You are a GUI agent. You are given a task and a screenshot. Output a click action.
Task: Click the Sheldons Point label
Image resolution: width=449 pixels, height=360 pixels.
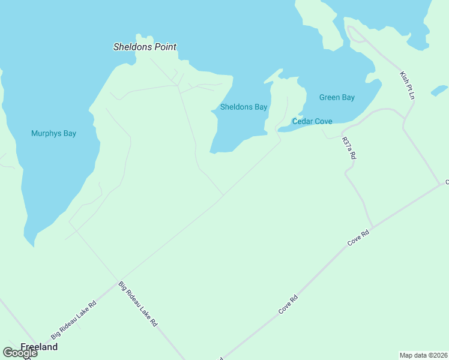pyautogui.click(x=145, y=47)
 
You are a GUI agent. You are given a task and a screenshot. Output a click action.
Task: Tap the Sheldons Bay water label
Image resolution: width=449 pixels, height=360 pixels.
pyautogui.click(x=243, y=107)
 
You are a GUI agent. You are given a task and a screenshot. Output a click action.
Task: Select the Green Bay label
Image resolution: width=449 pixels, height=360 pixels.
pyautogui.click(x=337, y=98)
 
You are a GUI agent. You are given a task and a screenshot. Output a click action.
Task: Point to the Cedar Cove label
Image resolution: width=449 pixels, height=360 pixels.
pyautogui.click(x=312, y=121)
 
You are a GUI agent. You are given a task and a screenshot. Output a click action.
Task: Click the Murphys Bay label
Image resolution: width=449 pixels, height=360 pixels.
pyautogui.click(x=53, y=133)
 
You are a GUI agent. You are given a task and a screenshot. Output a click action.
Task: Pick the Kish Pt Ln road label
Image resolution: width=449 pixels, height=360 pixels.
pyautogui.click(x=408, y=85)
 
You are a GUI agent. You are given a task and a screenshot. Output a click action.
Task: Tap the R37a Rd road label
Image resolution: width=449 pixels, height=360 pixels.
pyautogui.click(x=349, y=148)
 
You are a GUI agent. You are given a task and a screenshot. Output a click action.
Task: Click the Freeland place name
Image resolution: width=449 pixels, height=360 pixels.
pyautogui.click(x=39, y=347)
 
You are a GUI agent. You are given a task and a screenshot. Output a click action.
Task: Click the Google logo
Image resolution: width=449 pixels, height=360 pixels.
pyautogui.click(x=20, y=353)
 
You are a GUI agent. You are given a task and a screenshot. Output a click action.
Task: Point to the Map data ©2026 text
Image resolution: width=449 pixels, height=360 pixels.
pyautogui.click(x=423, y=355)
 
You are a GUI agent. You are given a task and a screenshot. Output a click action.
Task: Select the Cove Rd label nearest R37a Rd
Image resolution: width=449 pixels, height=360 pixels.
pyautogui.click(x=357, y=238)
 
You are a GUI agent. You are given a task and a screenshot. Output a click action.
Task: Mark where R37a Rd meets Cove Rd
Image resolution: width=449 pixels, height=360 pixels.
pyautogui.click(x=372, y=227)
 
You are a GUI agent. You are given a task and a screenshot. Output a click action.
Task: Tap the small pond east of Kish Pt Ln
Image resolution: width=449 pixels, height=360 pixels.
pyautogui.click(x=439, y=91)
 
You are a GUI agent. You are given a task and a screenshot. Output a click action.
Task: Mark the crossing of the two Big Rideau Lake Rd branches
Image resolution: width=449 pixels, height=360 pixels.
pyautogui.click(x=116, y=280)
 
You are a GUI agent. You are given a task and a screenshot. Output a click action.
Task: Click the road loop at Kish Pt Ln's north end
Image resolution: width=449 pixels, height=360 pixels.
pyautogui.click(x=355, y=34)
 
